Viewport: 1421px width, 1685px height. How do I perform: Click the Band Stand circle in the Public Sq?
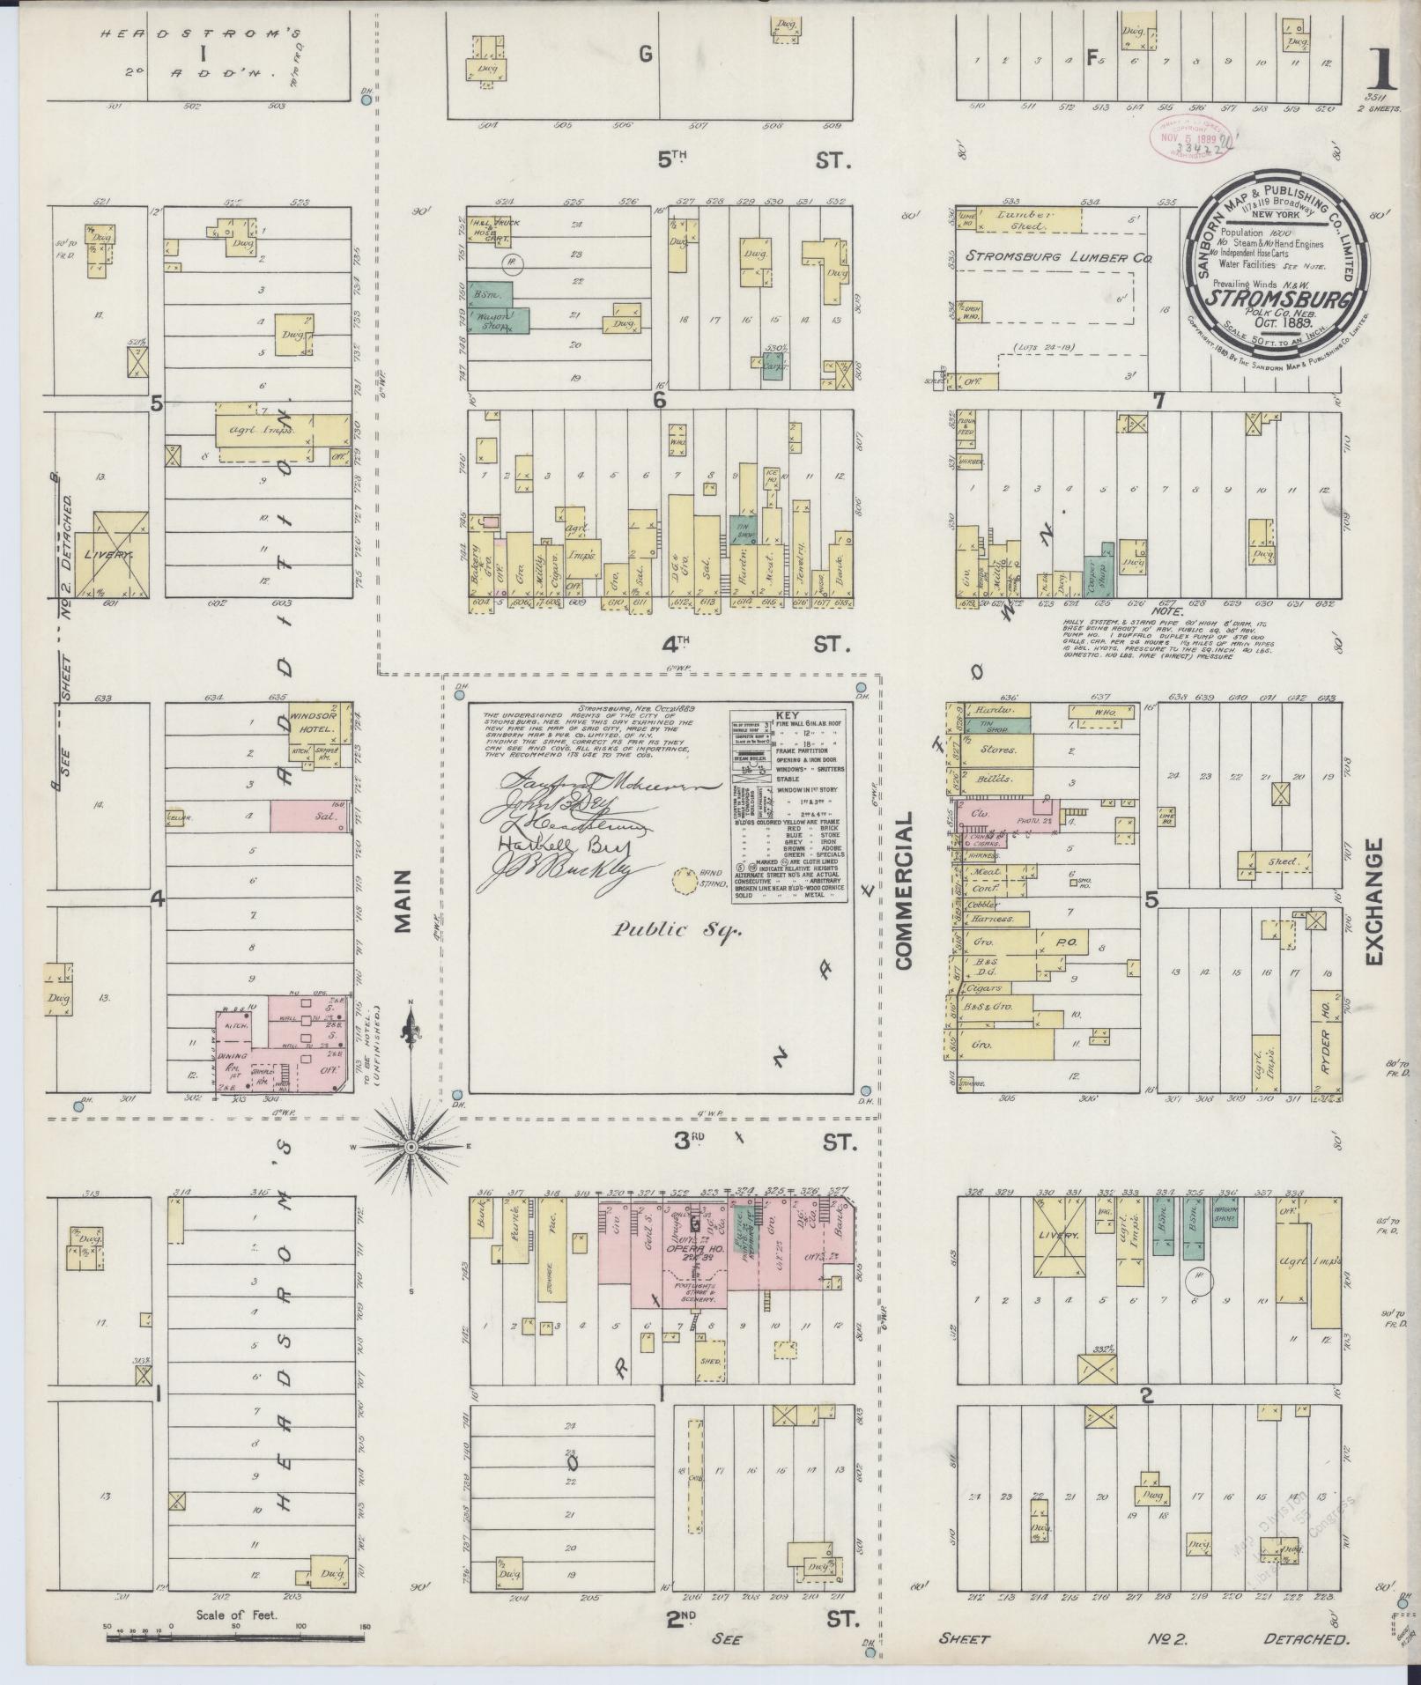[682, 879]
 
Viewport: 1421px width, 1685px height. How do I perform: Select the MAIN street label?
[403, 900]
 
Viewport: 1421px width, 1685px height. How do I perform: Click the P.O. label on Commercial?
[1062, 943]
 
